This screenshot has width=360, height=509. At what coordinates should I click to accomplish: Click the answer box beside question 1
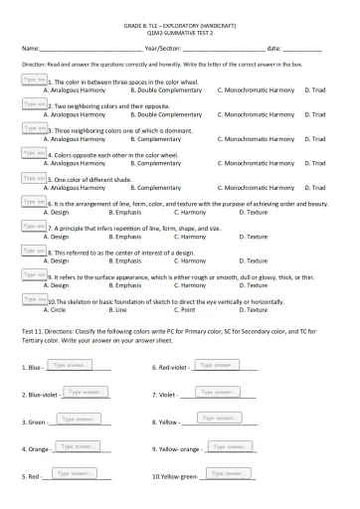(x=33, y=79)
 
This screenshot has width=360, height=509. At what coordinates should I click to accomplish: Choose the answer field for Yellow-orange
(x=230, y=447)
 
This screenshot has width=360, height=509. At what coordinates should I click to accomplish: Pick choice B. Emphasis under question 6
(x=129, y=213)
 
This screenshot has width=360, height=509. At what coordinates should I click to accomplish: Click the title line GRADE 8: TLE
(x=180, y=21)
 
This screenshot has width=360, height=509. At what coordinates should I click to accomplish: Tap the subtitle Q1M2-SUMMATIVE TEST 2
(x=180, y=31)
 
